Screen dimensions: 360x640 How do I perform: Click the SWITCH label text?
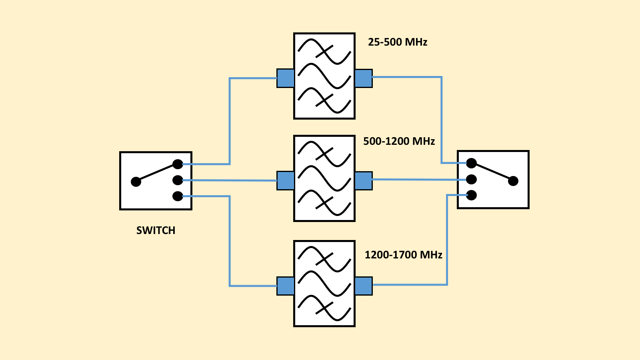coord(156,230)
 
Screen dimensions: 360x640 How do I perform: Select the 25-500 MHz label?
coord(398,42)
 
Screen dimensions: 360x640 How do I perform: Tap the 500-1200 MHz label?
coord(399,141)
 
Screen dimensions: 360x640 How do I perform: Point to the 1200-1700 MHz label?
coord(403,255)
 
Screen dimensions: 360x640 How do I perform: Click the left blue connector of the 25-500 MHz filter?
coord(286,78)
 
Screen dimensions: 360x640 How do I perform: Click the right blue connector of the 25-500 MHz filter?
coord(363,78)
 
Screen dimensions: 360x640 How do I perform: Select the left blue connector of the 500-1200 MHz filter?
coord(286,180)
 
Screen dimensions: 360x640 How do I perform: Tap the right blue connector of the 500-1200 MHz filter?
coord(363,180)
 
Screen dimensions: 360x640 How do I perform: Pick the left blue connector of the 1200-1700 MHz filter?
coord(286,286)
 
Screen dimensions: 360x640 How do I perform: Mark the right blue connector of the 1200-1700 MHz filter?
coord(363,286)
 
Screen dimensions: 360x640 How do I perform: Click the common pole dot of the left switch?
coord(136,182)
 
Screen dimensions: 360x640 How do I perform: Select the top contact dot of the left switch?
coord(178,164)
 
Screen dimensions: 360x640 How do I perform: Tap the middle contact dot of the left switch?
coord(178,180)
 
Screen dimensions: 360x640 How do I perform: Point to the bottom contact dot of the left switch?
coord(178,196)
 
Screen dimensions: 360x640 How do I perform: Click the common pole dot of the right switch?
coord(513,181)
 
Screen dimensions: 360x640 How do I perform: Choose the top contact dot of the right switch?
coord(472,163)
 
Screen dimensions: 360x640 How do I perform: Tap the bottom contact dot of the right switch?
coord(472,195)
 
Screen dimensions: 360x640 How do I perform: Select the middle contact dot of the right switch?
coord(472,179)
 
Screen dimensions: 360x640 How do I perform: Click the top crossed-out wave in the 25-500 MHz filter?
coord(324,51)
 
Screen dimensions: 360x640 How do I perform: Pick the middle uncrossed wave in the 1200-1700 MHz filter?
coord(324,283)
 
